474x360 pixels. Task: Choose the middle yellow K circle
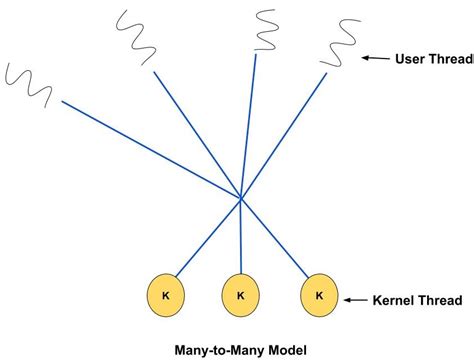pos(240,295)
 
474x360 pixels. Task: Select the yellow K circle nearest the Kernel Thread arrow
pos(318,295)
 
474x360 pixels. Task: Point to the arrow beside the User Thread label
pos(376,59)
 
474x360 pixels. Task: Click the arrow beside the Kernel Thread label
pos(355,299)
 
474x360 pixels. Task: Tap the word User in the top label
pos(412,59)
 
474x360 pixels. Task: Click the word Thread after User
pos(454,59)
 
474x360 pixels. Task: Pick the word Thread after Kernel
pos(440,299)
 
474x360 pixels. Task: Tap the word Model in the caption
pos(286,347)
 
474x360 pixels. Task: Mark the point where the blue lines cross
pos(241,201)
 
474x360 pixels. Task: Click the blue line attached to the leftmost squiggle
pos(150,150)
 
